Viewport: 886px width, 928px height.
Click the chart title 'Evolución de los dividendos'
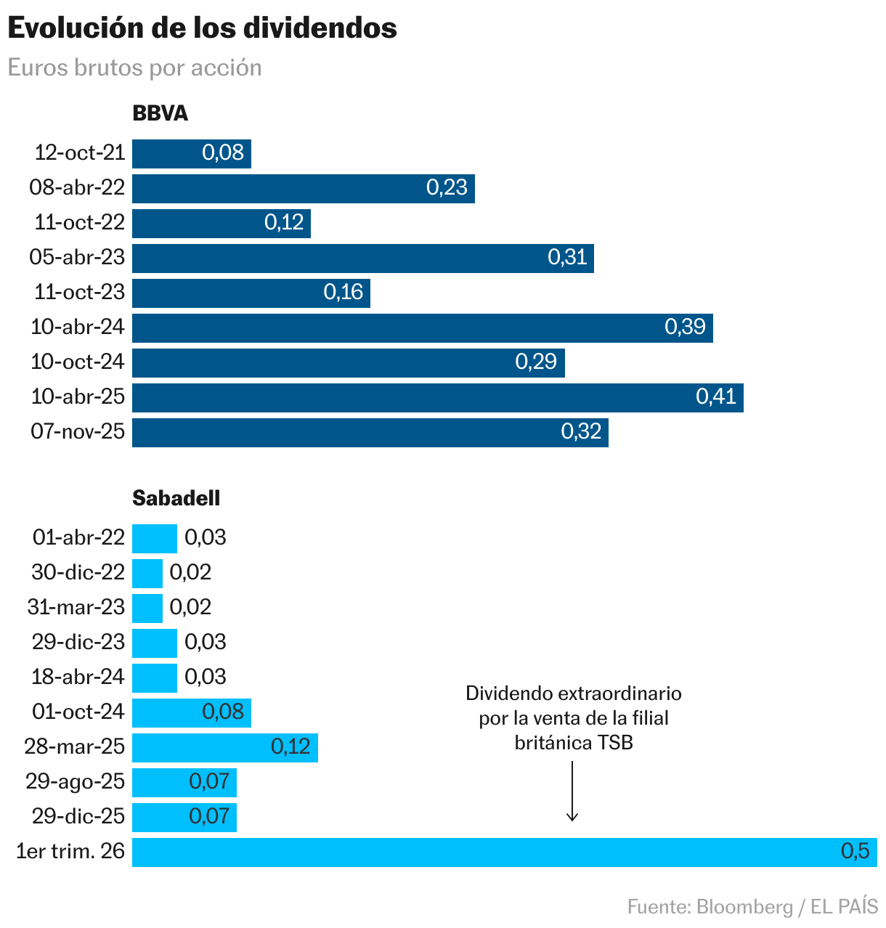202,28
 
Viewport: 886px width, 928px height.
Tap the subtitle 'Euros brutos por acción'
134,68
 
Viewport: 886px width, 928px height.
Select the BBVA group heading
160,113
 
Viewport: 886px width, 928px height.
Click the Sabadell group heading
176,498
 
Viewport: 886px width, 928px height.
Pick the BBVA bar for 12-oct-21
167,153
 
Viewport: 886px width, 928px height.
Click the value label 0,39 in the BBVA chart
685,327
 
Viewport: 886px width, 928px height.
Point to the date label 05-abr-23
77,257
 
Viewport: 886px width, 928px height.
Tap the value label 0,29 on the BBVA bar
536,362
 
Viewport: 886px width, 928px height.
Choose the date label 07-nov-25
78,431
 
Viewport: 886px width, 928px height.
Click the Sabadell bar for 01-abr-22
154,538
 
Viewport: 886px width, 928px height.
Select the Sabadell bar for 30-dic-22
147,573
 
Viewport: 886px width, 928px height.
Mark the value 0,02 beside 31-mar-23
190,607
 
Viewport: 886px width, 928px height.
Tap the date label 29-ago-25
76,781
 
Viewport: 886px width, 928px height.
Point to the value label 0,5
855,851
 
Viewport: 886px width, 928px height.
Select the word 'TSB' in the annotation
614,743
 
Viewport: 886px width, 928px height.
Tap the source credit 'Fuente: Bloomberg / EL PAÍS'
752,907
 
